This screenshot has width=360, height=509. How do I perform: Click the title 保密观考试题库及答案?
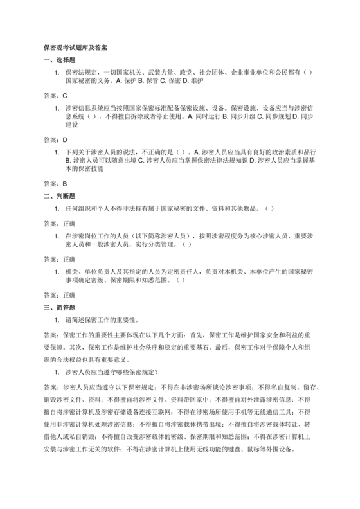[76, 48]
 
